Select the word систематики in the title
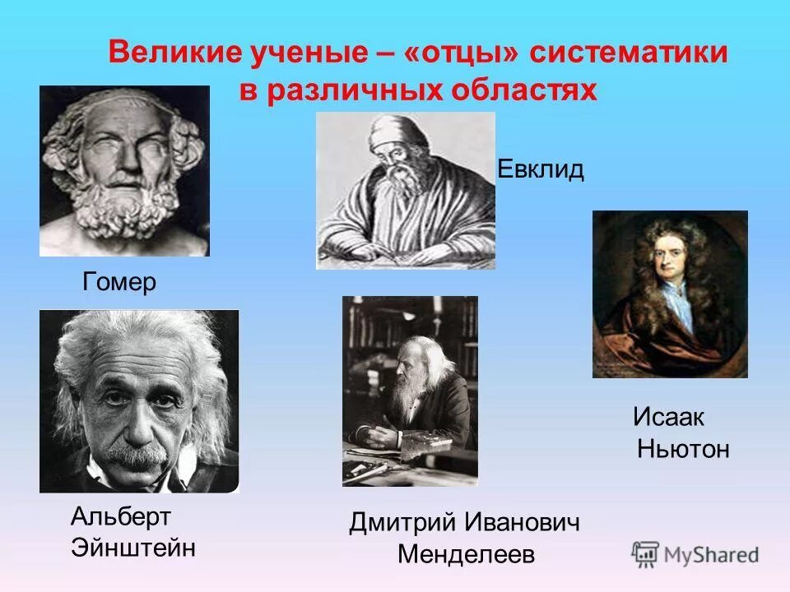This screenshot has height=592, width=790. coord(629,53)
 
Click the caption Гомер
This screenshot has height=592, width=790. coord(119,283)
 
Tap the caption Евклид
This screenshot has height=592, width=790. coord(541,170)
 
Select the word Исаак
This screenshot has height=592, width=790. coord(669,417)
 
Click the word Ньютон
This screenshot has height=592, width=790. coord(683,450)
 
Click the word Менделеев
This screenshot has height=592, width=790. coord(466,554)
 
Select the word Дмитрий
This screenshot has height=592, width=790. coord(402,522)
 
